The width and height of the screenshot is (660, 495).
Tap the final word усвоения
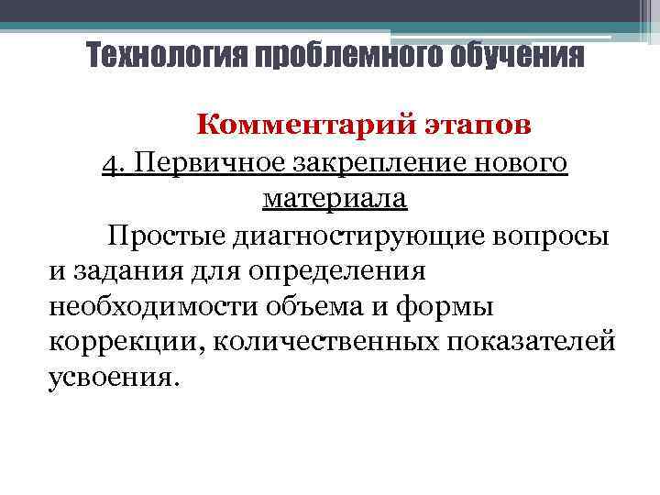click(x=108, y=376)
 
